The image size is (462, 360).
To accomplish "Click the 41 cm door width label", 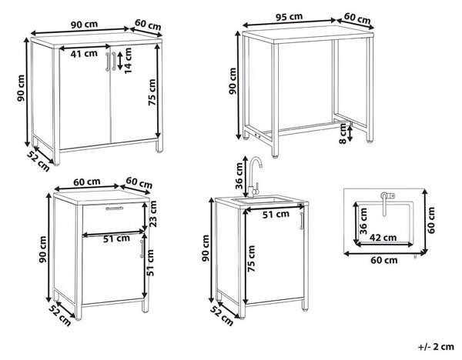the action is point(84,54).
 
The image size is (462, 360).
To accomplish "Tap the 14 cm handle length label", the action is point(128,61).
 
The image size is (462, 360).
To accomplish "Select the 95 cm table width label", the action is point(289,16).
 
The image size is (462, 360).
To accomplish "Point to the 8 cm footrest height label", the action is point(343,133).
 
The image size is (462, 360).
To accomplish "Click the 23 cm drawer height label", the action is point(152,214).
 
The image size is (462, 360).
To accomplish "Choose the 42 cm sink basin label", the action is point(383,237).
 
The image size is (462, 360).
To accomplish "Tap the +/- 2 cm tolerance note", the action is point(436,346).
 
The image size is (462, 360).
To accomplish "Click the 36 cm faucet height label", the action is point(239,175).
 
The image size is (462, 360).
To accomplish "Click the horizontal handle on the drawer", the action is point(114,208).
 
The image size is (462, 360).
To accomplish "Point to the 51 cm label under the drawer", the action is point(116,238).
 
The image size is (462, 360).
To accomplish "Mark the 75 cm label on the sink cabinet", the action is point(251,258).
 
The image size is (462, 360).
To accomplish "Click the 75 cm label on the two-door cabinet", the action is point(152,92).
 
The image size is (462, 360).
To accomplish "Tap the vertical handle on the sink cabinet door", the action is point(301,221).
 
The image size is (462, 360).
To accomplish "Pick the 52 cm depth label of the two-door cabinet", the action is point(38,161).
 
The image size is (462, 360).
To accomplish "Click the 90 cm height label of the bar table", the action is point(233,81).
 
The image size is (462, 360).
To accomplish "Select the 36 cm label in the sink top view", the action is point(363,221).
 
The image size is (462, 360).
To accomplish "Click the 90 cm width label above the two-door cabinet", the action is point(84,24).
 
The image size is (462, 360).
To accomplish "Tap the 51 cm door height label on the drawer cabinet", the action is point(150,262).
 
